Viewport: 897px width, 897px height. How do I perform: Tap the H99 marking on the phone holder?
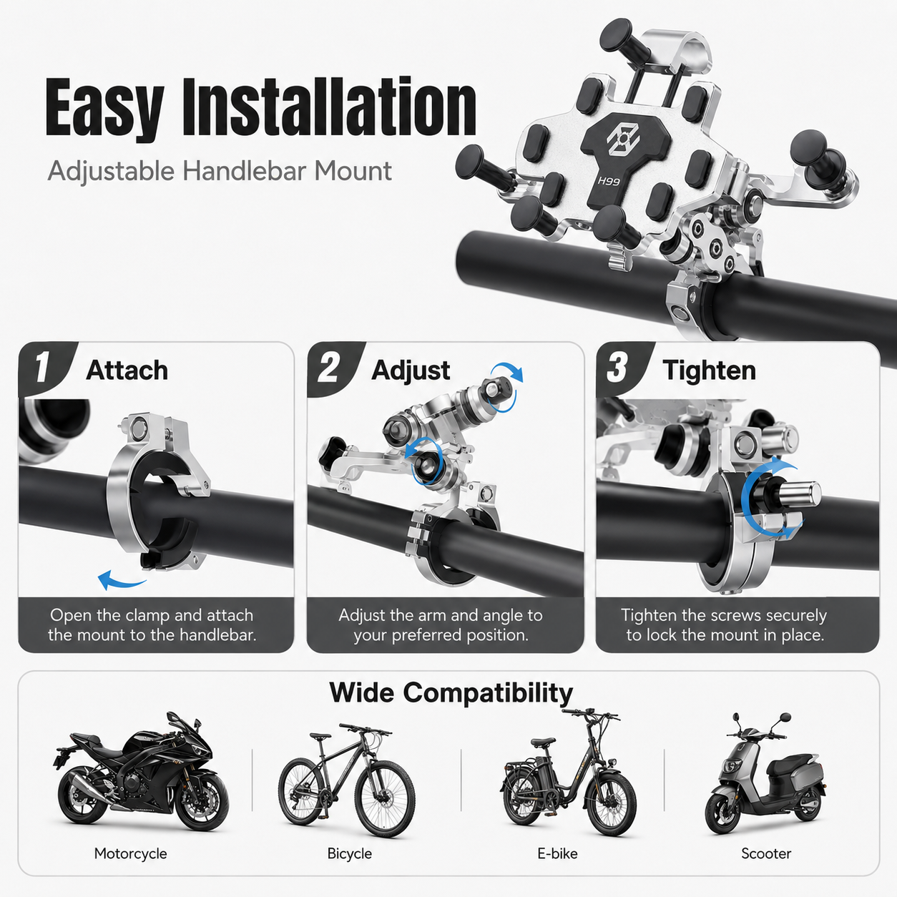point(609,181)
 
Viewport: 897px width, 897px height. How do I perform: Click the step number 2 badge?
point(330,368)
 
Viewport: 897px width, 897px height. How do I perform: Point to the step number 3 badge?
point(618,368)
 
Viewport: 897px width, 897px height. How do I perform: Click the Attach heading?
point(127,371)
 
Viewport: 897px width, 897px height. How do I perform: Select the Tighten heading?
point(710,371)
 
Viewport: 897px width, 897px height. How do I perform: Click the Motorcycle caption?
point(130,853)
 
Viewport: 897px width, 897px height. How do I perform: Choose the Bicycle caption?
point(350,853)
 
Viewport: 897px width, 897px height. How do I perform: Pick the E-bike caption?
point(557,853)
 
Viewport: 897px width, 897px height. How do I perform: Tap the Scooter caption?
point(766,853)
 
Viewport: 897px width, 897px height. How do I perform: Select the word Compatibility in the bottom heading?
point(488,694)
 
